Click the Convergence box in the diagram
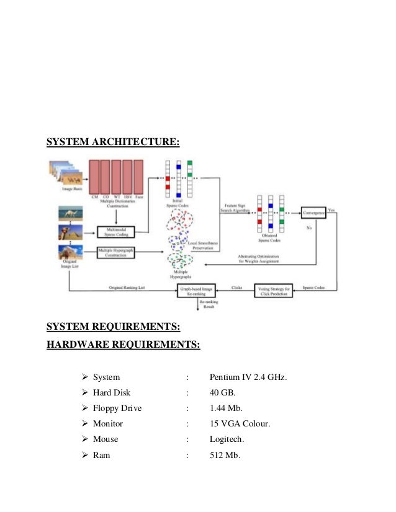click(x=314, y=213)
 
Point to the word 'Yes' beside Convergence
click(x=333, y=210)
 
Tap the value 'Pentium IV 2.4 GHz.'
click(x=248, y=376)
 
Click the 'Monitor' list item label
click(x=108, y=424)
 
